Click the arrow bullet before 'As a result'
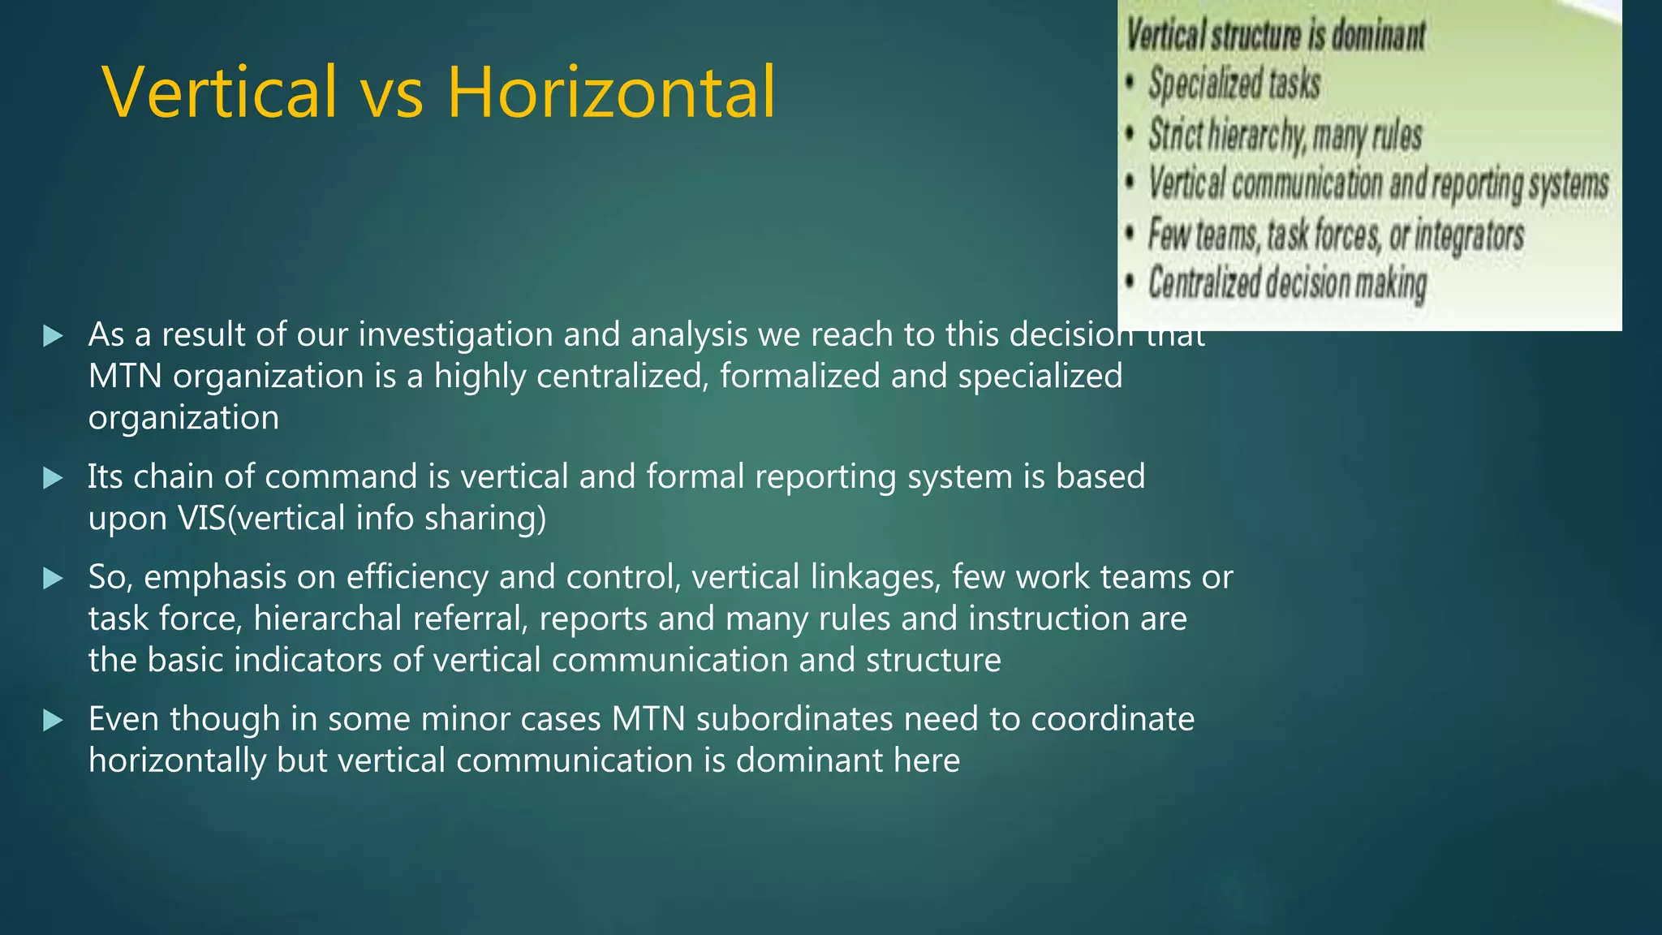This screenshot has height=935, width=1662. [x=53, y=335]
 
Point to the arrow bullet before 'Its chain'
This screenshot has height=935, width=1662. [x=53, y=477]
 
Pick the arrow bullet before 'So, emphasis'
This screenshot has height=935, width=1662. [x=53, y=578]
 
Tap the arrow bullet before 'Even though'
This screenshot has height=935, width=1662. [x=53, y=720]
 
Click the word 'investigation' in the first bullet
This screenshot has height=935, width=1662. [x=455, y=335]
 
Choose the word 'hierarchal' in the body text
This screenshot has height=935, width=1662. [x=328, y=619]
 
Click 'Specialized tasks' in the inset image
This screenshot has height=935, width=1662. [x=1234, y=84]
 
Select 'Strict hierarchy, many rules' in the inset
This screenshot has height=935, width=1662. [x=1285, y=135]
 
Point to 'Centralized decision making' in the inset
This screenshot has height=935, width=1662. [x=1287, y=283]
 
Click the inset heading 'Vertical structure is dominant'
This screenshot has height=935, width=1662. [x=1275, y=35]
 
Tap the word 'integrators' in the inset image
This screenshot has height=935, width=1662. [x=1469, y=235]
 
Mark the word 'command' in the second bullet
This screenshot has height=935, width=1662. [x=341, y=477]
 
